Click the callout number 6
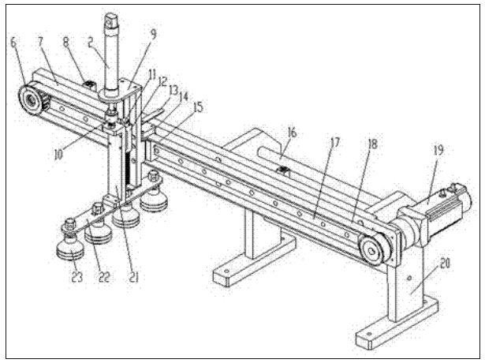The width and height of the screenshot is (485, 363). click(13, 43)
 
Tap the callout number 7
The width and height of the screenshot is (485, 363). click(41, 43)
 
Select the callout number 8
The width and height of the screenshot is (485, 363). click(66, 42)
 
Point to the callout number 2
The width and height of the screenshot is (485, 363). click(90, 43)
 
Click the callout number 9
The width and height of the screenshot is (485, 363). click(153, 34)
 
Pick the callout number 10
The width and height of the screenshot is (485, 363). click(58, 155)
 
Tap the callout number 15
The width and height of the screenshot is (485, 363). click(198, 107)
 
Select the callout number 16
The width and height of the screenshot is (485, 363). click(292, 133)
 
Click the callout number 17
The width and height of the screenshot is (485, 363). click(334, 143)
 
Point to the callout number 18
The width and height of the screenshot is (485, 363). click(373, 144)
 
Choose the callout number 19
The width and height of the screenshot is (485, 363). click(438, 151)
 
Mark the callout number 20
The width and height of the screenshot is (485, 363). click(445, 264)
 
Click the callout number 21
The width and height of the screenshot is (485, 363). click(133, 277)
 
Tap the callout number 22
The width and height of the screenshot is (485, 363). click(104, 277)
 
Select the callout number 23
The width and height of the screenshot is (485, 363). click(77, 277)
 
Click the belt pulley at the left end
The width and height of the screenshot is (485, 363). click(31, 99)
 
